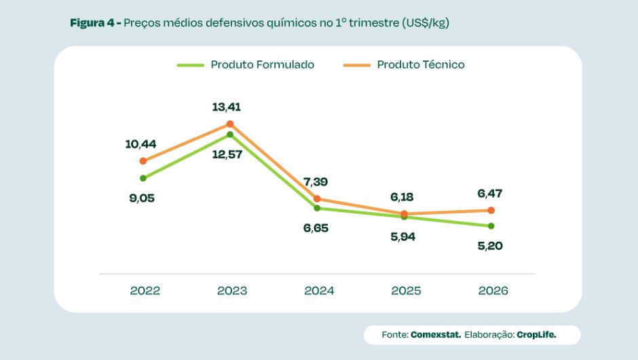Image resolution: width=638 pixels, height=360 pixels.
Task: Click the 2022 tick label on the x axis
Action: [x=145, y=291]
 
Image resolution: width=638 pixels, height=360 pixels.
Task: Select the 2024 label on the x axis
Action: [x=319, y=291]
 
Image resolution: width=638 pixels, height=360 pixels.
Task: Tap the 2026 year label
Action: [x=493, y=291]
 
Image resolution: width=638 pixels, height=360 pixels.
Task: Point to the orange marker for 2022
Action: [x=143, y=161]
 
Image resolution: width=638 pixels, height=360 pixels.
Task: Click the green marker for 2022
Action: [x=143, y=178]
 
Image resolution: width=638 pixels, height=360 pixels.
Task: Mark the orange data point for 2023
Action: [x=230, y=124]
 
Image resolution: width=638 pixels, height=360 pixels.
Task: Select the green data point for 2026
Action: [x=491, y=226]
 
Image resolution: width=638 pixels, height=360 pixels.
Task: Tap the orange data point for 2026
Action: [x=491, y=211]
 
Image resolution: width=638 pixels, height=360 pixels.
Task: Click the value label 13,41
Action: [x=227, y=107]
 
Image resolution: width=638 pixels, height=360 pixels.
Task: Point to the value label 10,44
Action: [x=141, y=144]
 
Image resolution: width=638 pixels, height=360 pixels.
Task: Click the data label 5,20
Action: [x=489, y=246]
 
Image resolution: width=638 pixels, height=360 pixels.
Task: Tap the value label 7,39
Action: [x=315, y=182]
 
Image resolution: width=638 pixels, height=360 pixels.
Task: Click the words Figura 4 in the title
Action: [x=92, y=23]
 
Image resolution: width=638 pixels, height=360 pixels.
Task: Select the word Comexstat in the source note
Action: [x=436, y=335]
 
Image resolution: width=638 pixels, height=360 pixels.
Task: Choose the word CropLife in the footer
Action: [x=536, y=335]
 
